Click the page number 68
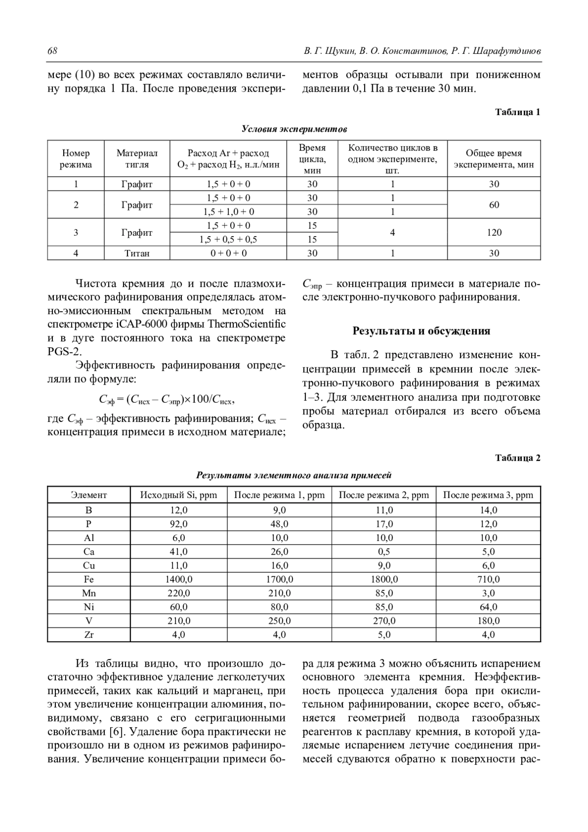point(52,51)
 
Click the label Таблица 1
point(517,112)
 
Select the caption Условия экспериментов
point(294,129)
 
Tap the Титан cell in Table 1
point(137,253)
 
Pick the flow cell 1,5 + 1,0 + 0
point(228,212)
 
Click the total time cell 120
point(494,232)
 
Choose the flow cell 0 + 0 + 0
point(228,253)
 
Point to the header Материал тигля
point(137,159)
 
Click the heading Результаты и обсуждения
point(421,331)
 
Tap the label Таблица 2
point(517,458)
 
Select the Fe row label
point(89,579)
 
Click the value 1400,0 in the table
point(179,579)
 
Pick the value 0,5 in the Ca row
point(384,551)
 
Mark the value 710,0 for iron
point(489,579)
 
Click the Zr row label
point(89,635)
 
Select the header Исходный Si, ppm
point(179,494)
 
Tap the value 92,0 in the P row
point(179,524)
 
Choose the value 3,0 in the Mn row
point(489,593)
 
